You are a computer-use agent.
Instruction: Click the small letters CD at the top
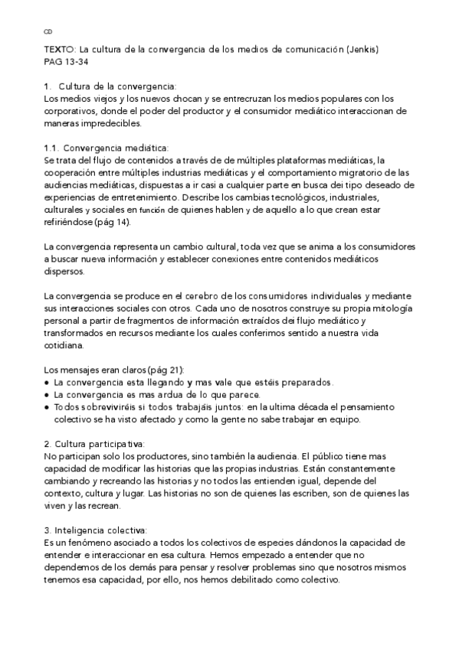pos(48,31)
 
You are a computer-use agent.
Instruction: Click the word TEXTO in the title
pos(58,50)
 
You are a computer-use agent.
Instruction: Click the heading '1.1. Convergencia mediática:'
pos(107,147)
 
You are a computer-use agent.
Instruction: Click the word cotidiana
pos(67,344)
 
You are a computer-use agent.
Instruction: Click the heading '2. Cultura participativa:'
pos(94,443)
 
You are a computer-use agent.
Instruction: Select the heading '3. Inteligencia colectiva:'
pos(96,530)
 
